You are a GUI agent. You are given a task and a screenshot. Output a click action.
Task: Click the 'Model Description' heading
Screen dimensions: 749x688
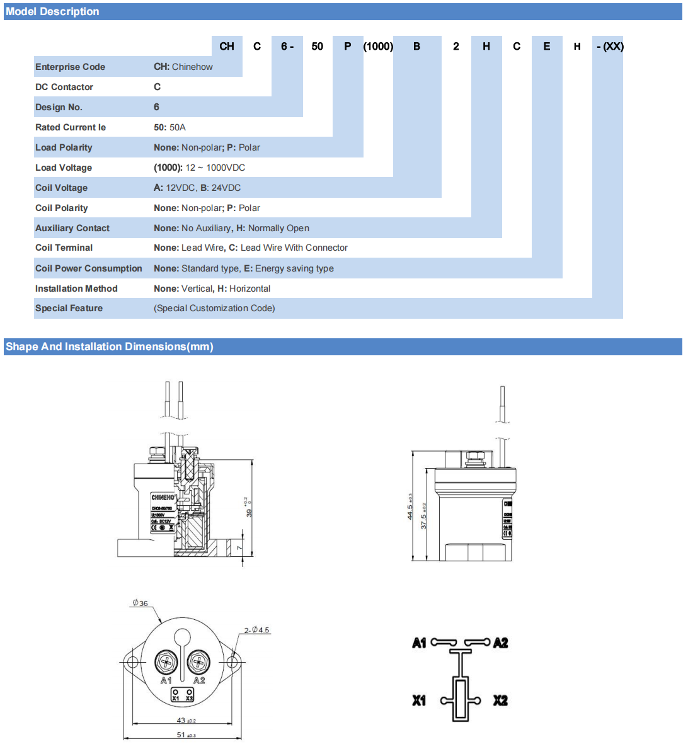click(52, 11)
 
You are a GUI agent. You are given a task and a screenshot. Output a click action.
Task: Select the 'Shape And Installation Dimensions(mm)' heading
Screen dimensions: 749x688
click(110, 346)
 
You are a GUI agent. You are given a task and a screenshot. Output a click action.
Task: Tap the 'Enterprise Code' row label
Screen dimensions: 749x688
click(70, 67)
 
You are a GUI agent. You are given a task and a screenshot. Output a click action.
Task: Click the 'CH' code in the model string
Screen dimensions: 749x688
click(227, 46)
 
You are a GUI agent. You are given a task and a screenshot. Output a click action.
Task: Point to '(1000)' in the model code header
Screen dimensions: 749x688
click(378, 46)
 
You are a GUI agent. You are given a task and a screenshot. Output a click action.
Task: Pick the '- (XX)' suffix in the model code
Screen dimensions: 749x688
click(609, 46)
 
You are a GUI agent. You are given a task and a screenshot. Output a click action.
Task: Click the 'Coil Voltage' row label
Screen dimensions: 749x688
click(61, 188)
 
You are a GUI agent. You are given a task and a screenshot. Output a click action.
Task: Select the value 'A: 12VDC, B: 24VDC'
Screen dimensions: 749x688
click(197, 188)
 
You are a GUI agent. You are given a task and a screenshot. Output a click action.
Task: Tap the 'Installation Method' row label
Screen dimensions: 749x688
click(76, 289)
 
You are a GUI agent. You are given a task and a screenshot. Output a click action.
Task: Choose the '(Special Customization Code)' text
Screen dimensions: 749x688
click(214, 308)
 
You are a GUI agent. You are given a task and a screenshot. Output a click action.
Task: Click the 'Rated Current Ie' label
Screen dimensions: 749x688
click(71, 127)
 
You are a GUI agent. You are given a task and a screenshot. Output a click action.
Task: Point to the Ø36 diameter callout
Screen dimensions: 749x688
click(140, 603)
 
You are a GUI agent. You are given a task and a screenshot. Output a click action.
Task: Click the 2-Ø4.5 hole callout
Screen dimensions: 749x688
click(256, 630)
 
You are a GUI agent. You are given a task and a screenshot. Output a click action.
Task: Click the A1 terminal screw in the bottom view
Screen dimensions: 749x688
click(166, 662)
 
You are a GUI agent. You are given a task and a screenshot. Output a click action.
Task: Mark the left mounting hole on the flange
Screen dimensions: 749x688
click(132, 662)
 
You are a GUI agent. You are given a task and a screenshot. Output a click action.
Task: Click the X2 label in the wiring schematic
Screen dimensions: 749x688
click(500, 700)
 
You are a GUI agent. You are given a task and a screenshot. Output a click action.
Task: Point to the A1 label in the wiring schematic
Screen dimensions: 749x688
click(419, 643)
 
